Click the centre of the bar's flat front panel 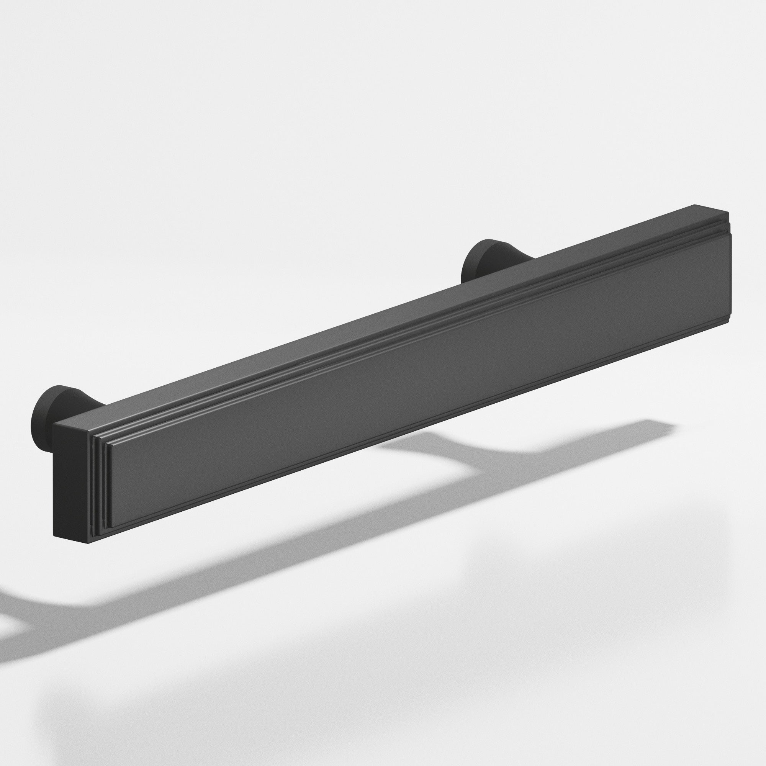416,376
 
